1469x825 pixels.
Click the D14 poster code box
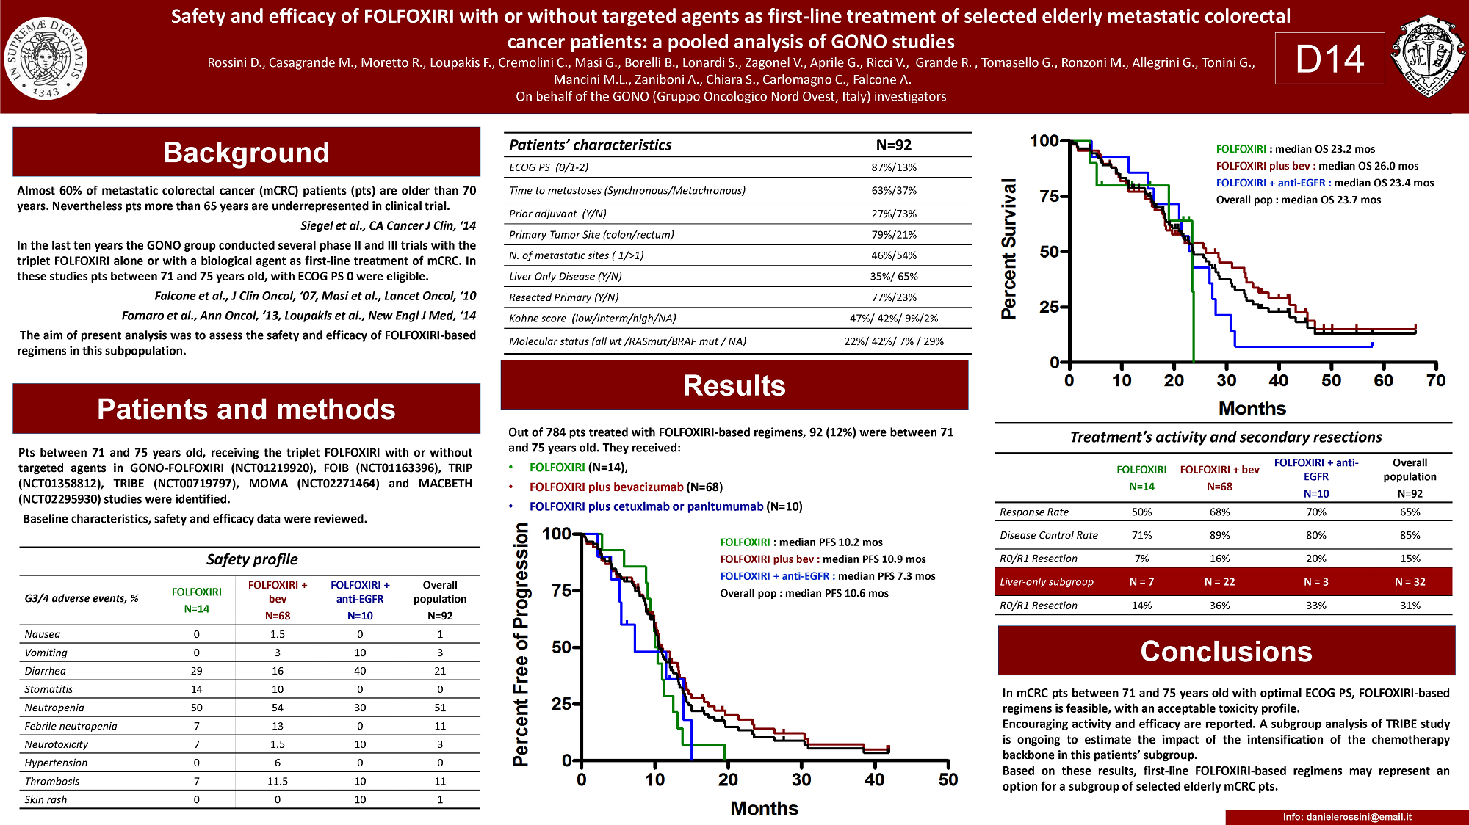click(x=1329, y=59)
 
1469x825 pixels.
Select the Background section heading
click(x=246, y=153)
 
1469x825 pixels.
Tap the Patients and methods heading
click(x=246, y=410)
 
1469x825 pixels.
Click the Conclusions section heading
click(x=1226, y=652)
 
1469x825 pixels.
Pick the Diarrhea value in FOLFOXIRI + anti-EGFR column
click(x=360, y=671)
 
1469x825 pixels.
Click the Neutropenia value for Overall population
click(x=440, y=708)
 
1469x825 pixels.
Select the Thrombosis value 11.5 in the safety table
click(x=278, y=782)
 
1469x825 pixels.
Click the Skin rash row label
click(x=46, y=800)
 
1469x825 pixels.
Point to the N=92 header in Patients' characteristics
click(x=894, y=145)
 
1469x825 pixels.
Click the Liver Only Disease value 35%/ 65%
click(x=894, y=277)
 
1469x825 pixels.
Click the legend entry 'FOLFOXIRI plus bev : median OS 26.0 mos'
click(x=1317, y=167)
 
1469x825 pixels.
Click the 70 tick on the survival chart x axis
click(x=1435, y=380)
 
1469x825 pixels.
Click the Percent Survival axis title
click(x=1009, y=248)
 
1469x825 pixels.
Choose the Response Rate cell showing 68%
click(x=1219, y=512)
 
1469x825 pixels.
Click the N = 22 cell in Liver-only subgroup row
click(x=1219, y=582)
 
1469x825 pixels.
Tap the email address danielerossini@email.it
click(x=1347, y=817)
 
